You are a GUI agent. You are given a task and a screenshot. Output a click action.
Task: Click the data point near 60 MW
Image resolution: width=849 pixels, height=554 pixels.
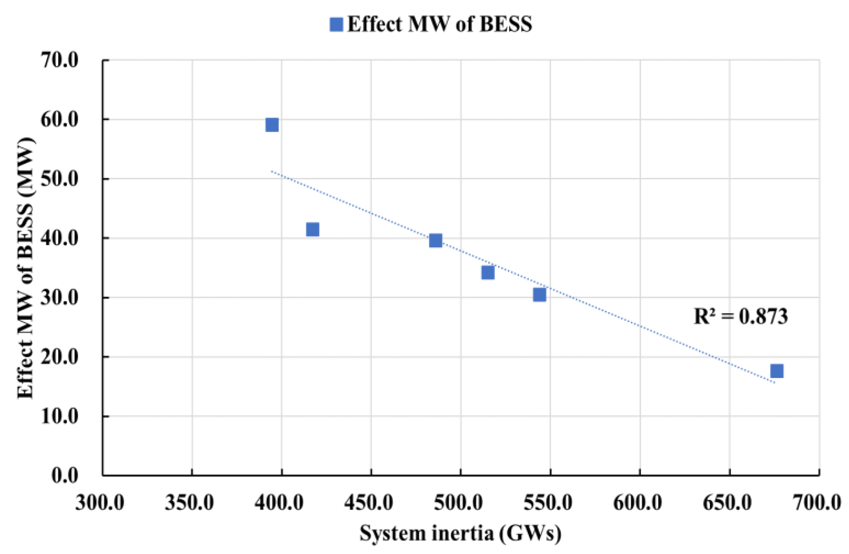pyautogui.click(x=272, y=125)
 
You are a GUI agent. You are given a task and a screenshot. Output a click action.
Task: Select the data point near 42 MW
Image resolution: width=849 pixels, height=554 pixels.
pyautogui.click(x=312, y=229)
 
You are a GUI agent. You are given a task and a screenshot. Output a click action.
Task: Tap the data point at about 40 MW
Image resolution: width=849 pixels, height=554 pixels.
pyautogui.click(x=435, y=240)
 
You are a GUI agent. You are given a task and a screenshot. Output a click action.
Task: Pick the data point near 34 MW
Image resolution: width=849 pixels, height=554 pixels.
pyautogui.click(x=488, y=272)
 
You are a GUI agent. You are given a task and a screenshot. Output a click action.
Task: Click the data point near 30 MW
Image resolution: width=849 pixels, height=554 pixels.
pyautogui.click(x=539, y=295)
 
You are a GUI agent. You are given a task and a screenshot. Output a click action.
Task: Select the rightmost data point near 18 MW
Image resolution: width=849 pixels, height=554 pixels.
pyautogui.click(x=777, y=371)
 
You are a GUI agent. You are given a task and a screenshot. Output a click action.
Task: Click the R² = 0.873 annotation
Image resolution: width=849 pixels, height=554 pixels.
pyautogui.click(x=740, y=316)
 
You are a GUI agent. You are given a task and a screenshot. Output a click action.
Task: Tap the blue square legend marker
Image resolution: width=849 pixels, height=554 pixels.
pyautogui.click(x=336, y=24)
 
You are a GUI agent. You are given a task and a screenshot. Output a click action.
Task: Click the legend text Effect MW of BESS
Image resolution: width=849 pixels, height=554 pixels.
pyautogui.click(x=439, y=24)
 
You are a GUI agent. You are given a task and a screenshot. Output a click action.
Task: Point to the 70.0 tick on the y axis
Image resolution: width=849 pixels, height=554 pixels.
pyautogui.click(x=60, y=60)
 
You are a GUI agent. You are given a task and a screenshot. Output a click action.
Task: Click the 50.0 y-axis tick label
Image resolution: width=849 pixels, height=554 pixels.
pyautogui.click(x=60, y=179)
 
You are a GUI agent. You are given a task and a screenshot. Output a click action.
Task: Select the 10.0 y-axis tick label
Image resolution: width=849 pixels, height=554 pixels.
pyautogui.click(x=60, y=416)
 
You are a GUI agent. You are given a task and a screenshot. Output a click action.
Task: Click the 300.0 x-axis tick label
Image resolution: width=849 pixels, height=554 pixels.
pyautogui.click(x=100, y=502)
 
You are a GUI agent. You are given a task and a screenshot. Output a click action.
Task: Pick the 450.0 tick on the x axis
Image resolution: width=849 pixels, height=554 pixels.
pyautogui.click(x=368, y=502)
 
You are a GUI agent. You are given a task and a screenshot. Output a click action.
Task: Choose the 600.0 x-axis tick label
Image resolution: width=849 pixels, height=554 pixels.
pyautogui.click(x=637, y=502)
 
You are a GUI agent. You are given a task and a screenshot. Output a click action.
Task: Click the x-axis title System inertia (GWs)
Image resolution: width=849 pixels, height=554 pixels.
pyautogui.click(x=460, y=533)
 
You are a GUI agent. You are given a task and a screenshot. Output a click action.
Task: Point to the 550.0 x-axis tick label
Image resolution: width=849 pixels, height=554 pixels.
pyautogui.click(x=548, y=502)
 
